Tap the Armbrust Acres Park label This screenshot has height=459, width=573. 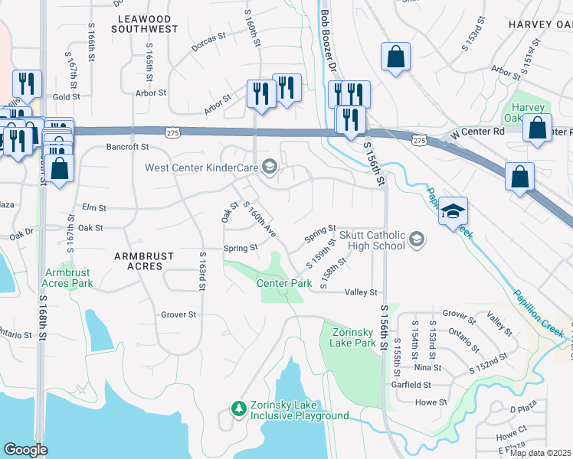68,278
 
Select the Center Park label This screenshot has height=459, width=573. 283,283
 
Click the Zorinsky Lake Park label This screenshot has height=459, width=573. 354,337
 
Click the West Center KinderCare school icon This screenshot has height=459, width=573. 269,165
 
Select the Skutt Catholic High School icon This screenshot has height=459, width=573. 416,240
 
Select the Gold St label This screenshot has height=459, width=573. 67,97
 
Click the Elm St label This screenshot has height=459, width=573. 93,207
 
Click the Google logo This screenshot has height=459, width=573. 25,450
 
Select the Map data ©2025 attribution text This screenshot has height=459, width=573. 540,453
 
